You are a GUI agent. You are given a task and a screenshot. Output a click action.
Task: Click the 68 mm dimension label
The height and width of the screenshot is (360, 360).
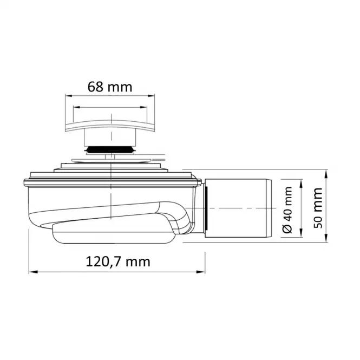[x=110, y=87]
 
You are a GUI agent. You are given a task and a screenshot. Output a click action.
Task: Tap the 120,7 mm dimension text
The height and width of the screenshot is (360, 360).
[x=118, y=261]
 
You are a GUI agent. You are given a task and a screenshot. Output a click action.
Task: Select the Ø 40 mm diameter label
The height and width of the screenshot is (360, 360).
[x=287, y=210]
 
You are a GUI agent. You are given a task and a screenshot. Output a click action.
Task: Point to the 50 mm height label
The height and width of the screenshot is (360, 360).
[x=318, y=208]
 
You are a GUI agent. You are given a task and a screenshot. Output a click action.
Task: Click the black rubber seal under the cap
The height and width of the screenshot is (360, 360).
[x=110, y=150]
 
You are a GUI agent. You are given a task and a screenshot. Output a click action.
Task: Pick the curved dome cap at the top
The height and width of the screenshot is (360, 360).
[x=110, y=126]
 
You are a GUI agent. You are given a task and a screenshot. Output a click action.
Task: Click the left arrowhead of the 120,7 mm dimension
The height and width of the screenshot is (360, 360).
[x=33, y=272]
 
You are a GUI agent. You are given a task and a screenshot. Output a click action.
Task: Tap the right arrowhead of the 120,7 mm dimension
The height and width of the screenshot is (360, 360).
[x=200, y=272]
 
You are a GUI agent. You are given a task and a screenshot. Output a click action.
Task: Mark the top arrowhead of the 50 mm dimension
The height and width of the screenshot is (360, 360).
[x=326, y=174]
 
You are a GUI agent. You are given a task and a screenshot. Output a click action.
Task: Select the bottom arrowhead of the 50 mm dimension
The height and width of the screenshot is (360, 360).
[x=326, y=238]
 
